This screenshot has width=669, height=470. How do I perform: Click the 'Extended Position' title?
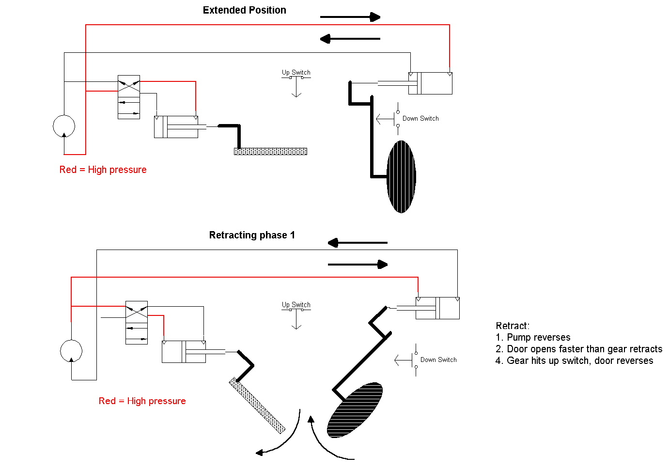pyautogui.click(x=244, y=10)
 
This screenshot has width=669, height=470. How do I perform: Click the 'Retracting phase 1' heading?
pyautogui.click(x=251, y=235)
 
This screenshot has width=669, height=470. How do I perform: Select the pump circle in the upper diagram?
pyautogui.click(x=64, y=126)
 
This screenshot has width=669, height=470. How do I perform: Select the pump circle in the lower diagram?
pyautogui.click(x=71, y=351)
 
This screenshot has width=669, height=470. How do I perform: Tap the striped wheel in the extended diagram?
pyautogui.click(x=401, y=176)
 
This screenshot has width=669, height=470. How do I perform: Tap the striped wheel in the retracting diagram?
pyautogui.click(x=355, y=410)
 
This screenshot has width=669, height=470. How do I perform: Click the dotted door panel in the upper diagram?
pyautogui.click(x=270, y=151)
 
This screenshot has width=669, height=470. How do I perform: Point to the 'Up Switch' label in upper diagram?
pyautogui.click(x=296, y=72)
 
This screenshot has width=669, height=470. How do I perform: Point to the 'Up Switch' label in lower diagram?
pyautogui.click(x=296, y=305)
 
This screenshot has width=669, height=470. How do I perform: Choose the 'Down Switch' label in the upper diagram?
pyautogui.click(x=420, y=118)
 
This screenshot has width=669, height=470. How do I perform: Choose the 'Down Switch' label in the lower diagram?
pyautogui.click(x=438, y=360)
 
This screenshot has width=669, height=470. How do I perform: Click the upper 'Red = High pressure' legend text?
pyautogui.click(x=103, y=170)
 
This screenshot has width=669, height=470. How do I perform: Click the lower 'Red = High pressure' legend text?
pyautogui.click(x=142, y=401)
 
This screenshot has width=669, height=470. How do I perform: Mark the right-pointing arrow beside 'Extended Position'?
pyautogui.click(x=350, y=17)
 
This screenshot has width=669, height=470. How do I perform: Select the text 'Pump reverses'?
pyautogui.click(x=538, y=337)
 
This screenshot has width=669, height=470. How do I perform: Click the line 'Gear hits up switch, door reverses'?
pyautogui.click(x=579, y=360)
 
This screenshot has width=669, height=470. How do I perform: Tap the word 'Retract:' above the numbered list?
pyautogui.click(x=513, y=326)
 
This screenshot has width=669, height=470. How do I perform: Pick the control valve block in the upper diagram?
pyautogui.click(x=129, y=97)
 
